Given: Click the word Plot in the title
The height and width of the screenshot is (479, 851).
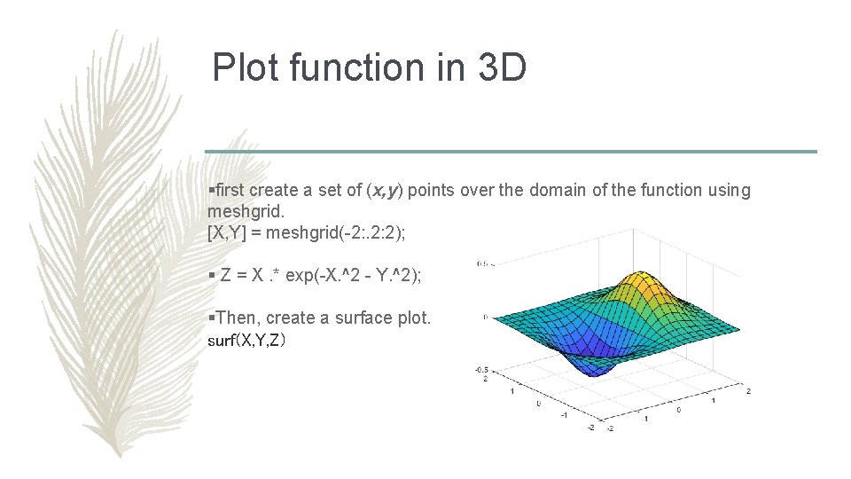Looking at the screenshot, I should pos(243,68).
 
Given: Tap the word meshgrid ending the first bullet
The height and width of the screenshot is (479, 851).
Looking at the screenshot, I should pos(246,210).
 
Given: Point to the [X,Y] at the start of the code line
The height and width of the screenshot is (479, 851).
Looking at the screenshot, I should pos(226,232).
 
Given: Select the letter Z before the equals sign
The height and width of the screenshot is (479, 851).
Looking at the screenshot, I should pos(226,276).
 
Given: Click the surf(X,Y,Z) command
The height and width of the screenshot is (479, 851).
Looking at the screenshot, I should pos(246,340).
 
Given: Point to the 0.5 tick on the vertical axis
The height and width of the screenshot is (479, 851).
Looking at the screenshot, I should pos(484,263).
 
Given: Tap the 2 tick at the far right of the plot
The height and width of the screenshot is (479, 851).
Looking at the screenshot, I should pos(749,391).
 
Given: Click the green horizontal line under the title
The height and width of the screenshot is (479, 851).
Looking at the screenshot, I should pos(511,151).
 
